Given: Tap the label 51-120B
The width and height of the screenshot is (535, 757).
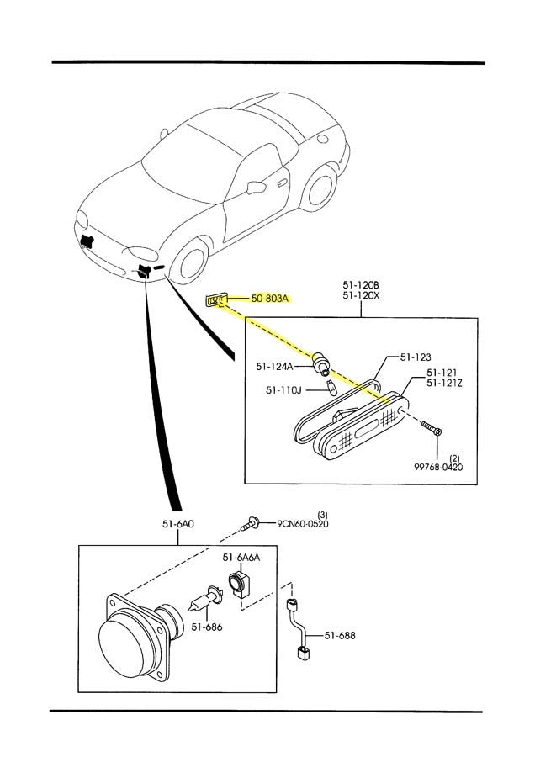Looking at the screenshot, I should click(362, 284).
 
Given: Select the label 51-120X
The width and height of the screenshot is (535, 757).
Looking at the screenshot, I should click(362, 295).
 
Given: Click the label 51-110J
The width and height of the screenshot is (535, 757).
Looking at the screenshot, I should click(284, 389).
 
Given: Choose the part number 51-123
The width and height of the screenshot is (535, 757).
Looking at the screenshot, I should click(416, 357).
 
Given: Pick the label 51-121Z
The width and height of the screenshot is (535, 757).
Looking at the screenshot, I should click(444, 383).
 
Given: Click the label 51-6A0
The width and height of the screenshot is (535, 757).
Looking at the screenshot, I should click(178, 523).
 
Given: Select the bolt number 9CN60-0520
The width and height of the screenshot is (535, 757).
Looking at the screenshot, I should click(303, 523).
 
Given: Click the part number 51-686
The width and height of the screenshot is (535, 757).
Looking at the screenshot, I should click(206, 626).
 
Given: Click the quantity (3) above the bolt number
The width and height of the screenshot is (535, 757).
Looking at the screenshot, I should click(321, 513).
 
